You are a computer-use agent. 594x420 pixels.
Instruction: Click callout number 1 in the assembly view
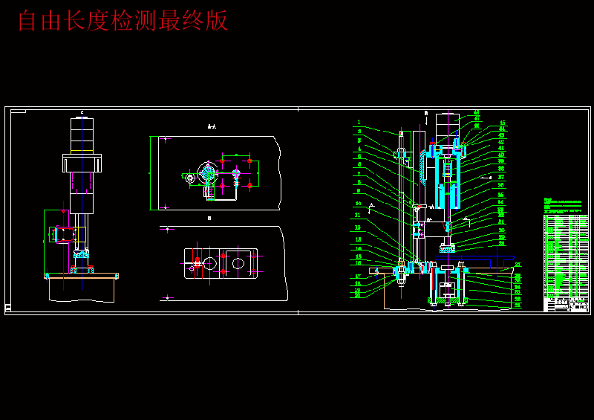358,123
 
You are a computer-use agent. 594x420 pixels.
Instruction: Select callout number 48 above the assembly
476,112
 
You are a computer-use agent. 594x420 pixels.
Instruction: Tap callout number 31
518,305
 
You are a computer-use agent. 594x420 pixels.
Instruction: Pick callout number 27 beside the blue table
518,265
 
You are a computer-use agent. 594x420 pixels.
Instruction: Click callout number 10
358,203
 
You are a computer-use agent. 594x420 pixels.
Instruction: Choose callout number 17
358,277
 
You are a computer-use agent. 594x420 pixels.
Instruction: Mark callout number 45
502,123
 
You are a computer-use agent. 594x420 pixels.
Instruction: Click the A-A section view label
212,127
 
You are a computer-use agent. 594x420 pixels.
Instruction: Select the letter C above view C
82,112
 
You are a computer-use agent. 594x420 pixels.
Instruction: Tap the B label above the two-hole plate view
209,219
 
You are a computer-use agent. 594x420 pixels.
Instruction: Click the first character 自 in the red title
28,21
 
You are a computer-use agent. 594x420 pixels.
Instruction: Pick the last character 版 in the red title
217,21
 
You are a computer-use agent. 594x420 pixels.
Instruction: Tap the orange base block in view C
82,288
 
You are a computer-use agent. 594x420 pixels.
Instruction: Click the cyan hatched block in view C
80,253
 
